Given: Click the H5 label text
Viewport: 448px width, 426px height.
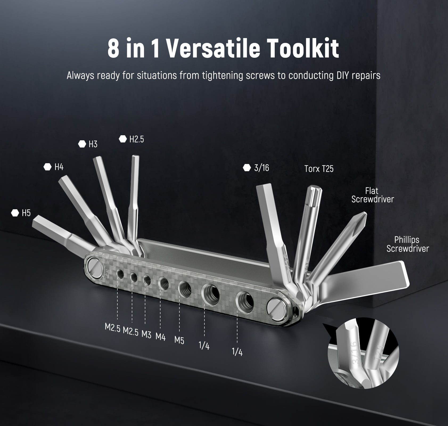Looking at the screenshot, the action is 26,213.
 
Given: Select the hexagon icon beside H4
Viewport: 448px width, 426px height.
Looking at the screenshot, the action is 47,167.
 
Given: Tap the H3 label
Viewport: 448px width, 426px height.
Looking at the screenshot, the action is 93,144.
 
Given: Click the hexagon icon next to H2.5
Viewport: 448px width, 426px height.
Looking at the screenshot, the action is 123,139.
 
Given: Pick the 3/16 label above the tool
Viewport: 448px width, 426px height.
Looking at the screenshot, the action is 261,168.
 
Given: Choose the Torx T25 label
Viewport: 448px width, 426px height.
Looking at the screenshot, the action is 319,169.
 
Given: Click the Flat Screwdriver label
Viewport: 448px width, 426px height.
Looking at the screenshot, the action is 372,195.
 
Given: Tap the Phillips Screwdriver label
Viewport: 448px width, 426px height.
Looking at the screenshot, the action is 408,244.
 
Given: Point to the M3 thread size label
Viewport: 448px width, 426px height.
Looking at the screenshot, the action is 146,334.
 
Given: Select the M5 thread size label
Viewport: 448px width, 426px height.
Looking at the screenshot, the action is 179,340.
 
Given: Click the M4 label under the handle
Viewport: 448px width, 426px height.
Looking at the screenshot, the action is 161,337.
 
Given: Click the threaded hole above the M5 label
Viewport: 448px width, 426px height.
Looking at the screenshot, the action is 185,288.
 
